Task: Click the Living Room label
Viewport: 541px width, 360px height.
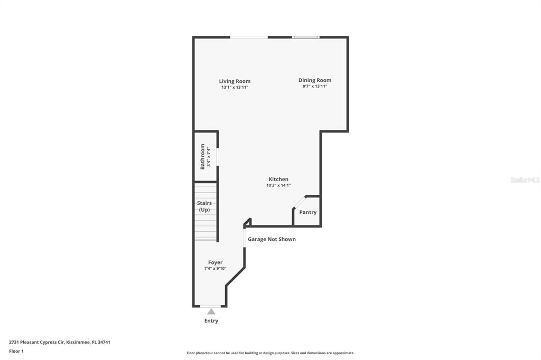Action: [235, 81]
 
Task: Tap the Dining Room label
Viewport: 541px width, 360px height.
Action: [315, 80]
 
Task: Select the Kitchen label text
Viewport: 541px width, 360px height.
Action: [278, 179]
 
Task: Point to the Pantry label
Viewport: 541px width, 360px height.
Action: [308, 212]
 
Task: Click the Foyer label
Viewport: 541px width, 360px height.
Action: [216, 262]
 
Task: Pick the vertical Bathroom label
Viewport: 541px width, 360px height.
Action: [202, 157]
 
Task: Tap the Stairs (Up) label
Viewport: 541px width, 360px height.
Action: [204, 206]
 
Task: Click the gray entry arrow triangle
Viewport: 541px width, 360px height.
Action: [211, 312]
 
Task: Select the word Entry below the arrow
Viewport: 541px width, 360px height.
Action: [211, 321]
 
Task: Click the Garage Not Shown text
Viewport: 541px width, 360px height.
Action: [272, 239]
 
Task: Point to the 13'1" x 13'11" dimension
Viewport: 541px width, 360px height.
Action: [235, 88]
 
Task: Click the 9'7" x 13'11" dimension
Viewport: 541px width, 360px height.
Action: [315, 86]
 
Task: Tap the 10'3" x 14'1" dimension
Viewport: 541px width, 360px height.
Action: [278, 185]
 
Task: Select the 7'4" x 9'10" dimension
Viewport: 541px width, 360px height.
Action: [216, 269]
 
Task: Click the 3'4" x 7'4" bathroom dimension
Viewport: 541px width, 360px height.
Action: [208, 157]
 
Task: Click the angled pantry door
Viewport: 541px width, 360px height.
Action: [300, 202]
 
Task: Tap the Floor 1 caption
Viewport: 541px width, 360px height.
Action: [16, 352]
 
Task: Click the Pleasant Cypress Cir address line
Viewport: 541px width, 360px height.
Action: [60, 343]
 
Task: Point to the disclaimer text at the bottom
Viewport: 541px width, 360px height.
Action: [270, 353]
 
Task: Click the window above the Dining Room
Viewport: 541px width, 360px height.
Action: [306, 37]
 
